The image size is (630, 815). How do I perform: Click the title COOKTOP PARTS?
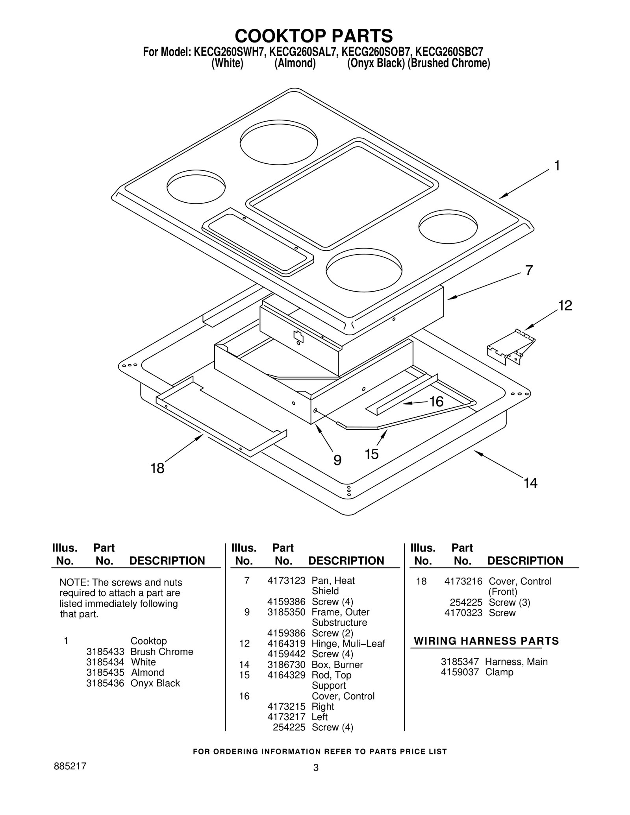tap(314, 36)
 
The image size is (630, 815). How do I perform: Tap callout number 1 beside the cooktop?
tap(557, 166)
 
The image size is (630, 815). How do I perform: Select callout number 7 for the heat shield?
tap(529, 270)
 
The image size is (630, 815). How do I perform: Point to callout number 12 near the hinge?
tap(565, 305)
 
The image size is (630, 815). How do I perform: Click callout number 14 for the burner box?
tap(530, 483)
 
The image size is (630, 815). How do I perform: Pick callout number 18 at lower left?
tap(157, 468)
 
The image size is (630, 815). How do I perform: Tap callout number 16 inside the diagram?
tap(436, 402)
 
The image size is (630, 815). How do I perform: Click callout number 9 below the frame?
tap(337, 460)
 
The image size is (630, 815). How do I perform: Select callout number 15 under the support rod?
tap(371, 454)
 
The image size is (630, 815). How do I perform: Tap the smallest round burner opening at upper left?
tap(196, 187)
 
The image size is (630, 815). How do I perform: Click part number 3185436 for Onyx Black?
tap(105, 683)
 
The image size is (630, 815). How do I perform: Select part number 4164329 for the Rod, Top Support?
tap(286, 675)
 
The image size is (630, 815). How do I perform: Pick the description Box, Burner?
tap(337, 665)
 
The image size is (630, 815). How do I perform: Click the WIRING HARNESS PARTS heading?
tap(486, 641)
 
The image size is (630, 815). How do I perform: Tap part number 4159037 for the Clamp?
tap(460, 672)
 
